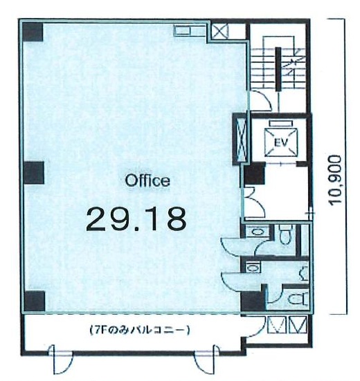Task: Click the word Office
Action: [147, 180]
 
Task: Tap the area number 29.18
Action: [136, 219]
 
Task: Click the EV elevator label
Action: [281, 142]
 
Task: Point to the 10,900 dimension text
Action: [335, 179]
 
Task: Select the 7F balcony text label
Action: [139, 331]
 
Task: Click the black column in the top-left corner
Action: [33, 32]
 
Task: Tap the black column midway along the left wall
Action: [34, 173]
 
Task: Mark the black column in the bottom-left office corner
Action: [35, 301]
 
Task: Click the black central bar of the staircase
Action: [278, 69]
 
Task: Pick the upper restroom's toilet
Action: [285, 234]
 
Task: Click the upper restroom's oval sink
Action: [257, 232]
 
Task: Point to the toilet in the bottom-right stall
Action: [298, 299]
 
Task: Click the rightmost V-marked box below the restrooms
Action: [298, 324]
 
